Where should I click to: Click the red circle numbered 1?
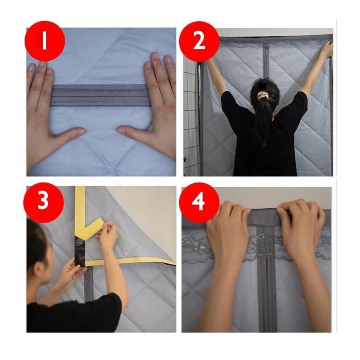click(45, 41)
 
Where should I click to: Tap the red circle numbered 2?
click(199, 41)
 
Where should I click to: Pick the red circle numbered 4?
click(199, 202)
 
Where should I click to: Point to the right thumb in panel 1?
click(132, 132)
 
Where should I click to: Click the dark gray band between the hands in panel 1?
click(101, 95)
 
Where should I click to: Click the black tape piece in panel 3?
click(80, 252)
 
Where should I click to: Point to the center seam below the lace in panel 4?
click(267, 294)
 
